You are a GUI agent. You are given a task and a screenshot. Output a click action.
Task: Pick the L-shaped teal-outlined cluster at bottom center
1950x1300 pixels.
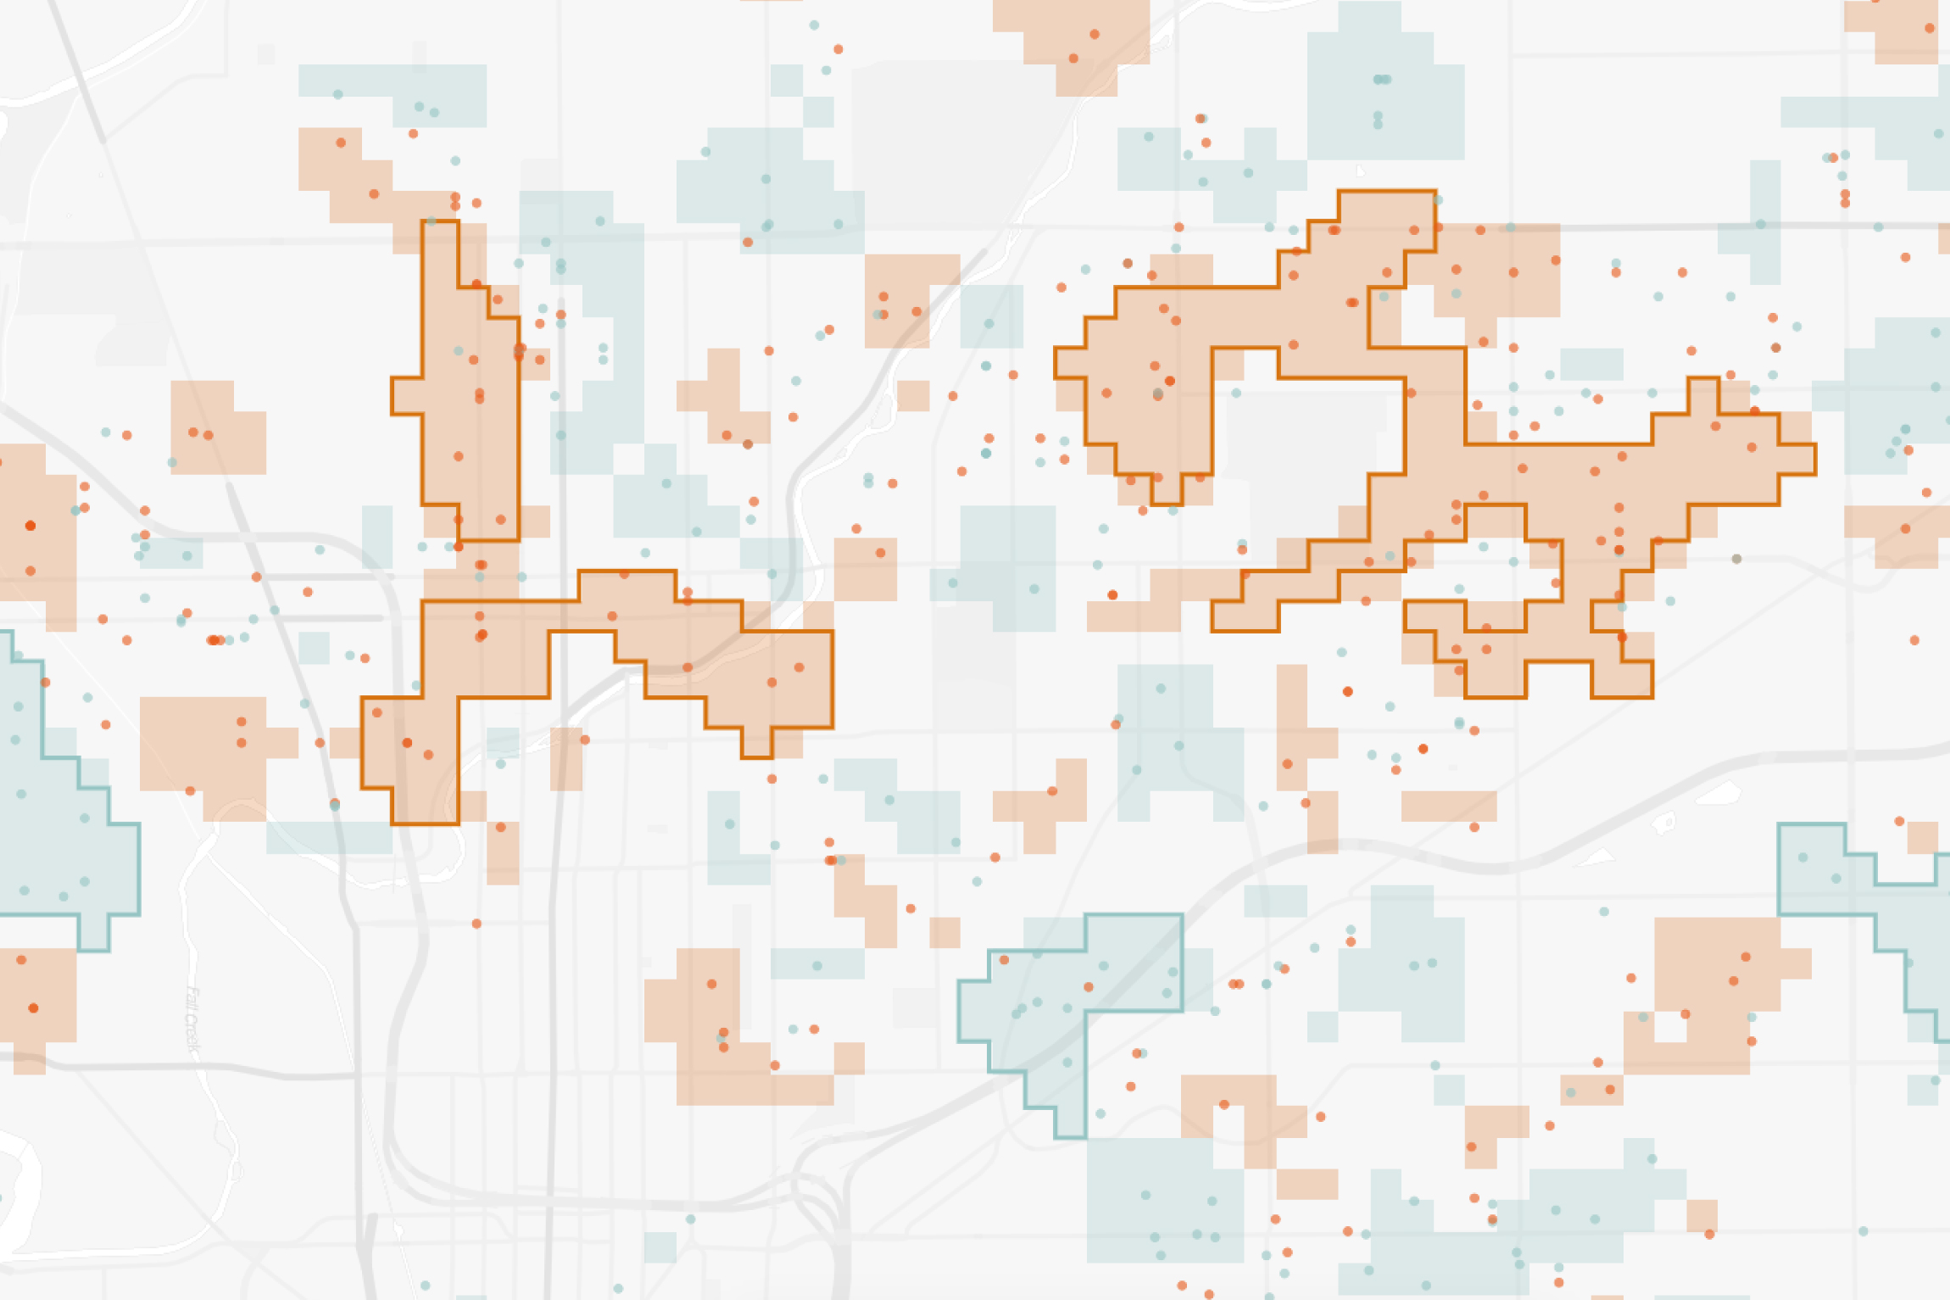pyautogui.click(x=1060, y=1001)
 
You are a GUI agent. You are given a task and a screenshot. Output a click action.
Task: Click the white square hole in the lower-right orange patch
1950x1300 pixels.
pyautogui.click(x=1669, y=1028)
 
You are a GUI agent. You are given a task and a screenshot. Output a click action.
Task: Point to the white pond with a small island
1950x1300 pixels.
pyautogui.click(x=1664, y=822)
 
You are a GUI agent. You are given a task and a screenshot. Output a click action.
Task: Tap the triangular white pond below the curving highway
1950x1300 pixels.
pyautogui.click(x=1597, y=858)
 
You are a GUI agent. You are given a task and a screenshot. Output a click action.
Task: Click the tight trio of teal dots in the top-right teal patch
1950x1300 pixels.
pyautogui.click(x=1382, y=80)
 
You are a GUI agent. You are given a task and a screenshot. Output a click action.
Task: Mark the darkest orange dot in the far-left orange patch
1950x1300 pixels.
pyautogui.click(x=31, y=526)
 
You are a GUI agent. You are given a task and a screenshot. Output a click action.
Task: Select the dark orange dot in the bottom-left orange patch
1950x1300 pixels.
pyautogui.click(x=33, y=1008)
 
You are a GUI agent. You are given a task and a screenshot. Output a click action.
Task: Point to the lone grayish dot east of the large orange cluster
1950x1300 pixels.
pyautogui.click(x=1736, y=559)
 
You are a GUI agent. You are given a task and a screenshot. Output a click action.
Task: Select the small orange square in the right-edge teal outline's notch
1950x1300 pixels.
pyautogui.click(x=1921, y=838)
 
